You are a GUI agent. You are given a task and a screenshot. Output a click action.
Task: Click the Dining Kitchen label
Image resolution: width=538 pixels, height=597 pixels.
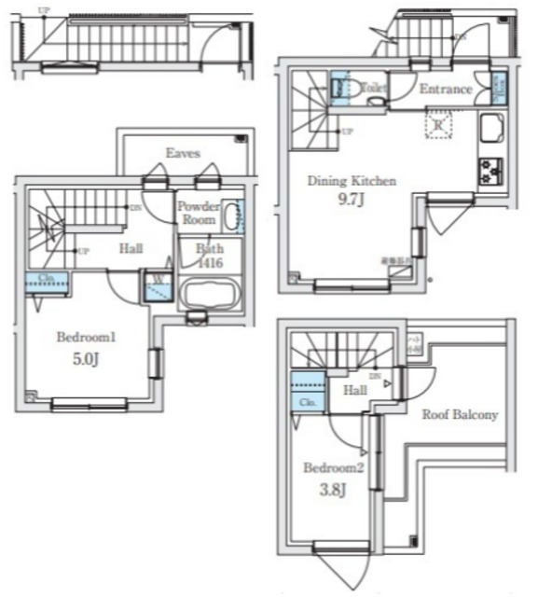tap(352, 181)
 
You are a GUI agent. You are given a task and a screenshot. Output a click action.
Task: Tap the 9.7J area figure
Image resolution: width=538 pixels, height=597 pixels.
tap(351, 199)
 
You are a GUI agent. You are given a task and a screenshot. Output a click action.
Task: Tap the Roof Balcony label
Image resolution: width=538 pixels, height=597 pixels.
tap(460, 414)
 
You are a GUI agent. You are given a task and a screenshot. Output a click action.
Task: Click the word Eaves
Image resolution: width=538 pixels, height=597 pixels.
tap(184, 153)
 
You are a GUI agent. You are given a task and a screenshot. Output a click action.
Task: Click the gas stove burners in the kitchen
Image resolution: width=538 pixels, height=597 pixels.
tap(490, 171)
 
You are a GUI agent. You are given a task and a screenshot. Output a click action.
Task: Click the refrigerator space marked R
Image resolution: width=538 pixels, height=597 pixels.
tap(437, 122)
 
